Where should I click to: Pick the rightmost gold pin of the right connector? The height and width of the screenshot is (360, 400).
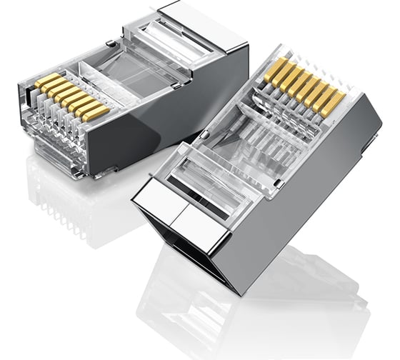click(334, 102)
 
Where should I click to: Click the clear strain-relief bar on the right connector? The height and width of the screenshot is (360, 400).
click(214, 179)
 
